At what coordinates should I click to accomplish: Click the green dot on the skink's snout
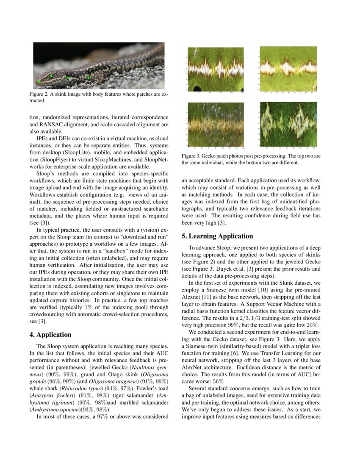(39, 81)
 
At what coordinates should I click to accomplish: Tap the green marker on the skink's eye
(51, 76)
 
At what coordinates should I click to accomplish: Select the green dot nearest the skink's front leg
(88, 77)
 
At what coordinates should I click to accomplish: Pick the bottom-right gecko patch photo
(288, 125)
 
